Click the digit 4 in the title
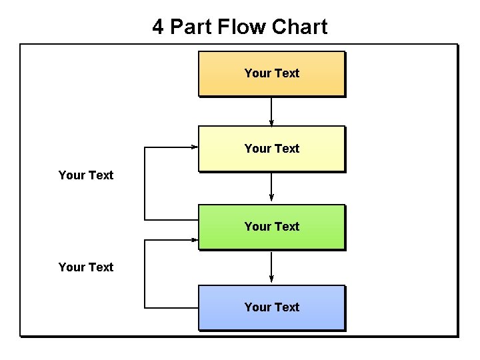point(158,27)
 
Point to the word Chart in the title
point(299,27)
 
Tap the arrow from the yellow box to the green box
point(271,187)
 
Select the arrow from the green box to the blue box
point(271,267)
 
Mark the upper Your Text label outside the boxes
point(86,175)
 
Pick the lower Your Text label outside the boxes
point(86,267)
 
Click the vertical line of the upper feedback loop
point(145,183)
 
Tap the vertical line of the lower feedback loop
point(145,273)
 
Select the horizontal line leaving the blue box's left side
point(171,308)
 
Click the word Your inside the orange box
point(257,73)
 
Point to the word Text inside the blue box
point(287,307)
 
